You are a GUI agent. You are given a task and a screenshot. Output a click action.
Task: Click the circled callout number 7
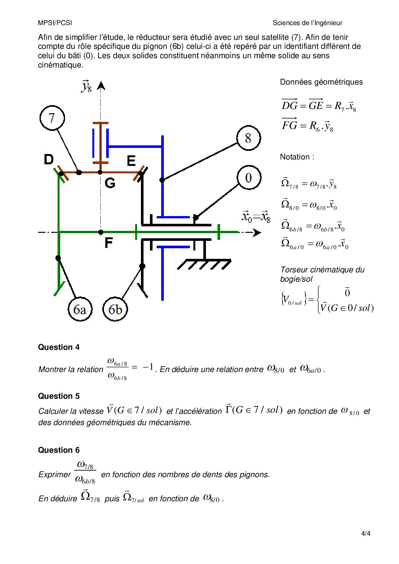tap(52, 118)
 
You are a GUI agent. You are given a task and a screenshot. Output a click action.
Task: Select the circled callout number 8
tap(248, 138)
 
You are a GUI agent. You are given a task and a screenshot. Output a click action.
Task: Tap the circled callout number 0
tap(248, 177)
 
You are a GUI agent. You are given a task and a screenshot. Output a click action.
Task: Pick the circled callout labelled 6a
tap(80, 309)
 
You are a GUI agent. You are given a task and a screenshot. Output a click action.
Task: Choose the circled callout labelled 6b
tap(115, 309)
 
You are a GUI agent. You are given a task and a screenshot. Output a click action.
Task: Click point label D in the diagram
tap(49, 159)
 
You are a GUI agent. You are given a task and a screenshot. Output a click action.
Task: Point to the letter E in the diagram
tap(131, 161)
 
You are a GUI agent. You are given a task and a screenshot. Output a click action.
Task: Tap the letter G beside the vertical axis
tap(110, 183)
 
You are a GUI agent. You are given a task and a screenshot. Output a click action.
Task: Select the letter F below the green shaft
tap(109, 243)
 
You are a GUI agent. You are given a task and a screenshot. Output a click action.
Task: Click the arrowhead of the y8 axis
tap(101, 86)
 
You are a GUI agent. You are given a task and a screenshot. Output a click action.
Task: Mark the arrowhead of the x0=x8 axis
tap(257, 232)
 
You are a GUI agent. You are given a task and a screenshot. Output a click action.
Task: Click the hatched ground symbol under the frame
tap(204, 264)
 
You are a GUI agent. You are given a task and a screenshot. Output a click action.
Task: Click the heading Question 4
tap(59, 347)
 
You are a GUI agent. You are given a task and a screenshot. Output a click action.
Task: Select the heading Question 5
tap(59, 396)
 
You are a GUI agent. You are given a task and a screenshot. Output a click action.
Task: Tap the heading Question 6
tap(59, 450)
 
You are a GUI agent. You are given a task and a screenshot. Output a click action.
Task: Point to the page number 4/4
tap(366, 533)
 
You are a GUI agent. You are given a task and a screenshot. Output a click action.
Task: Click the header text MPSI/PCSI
tap(55, 23)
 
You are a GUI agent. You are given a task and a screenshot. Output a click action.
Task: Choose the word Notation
tap(295, 157)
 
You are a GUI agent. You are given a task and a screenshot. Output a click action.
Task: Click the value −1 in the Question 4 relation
tap(148, 367)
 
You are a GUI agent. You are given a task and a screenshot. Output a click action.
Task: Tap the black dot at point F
tap(101, 232)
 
